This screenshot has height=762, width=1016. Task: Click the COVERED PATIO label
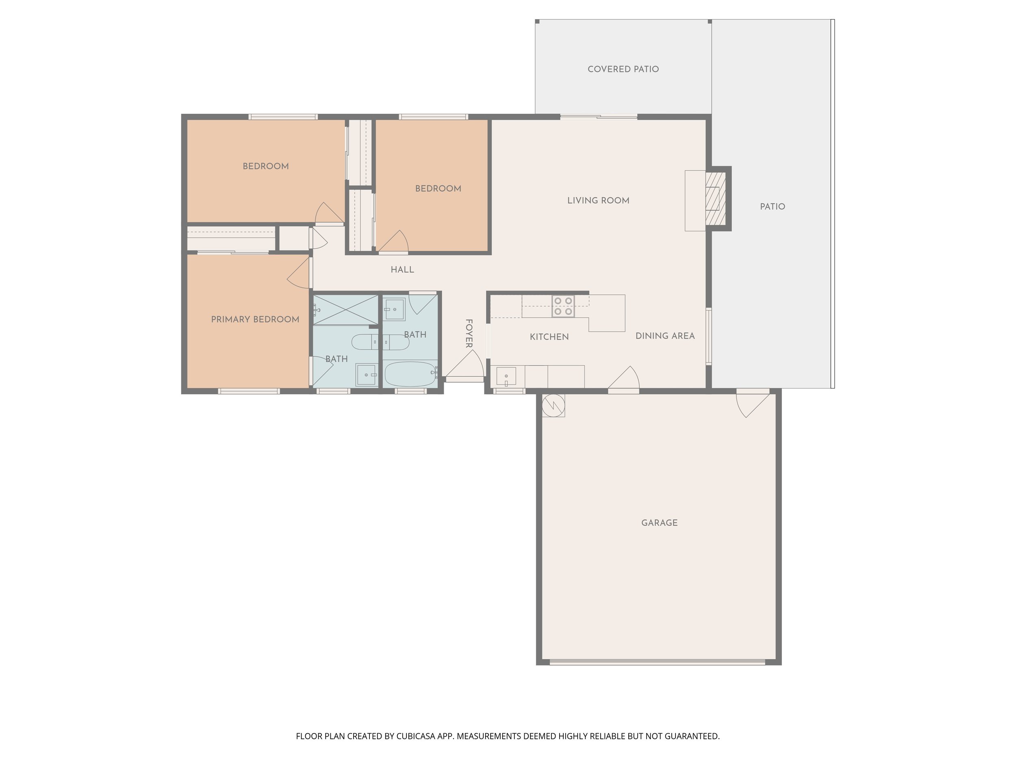(x=623, y=69)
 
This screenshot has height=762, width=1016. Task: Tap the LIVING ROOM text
(x=598, y=200)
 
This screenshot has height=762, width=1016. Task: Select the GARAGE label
(x=659, y=523)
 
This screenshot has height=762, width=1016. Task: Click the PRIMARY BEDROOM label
(x=255, y=319)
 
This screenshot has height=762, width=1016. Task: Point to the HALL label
(x=402, y=269)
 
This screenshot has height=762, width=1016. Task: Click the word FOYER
(x=469, y=334)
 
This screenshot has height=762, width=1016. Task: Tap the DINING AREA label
(x=664, y=336)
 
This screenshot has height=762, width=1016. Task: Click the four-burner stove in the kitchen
(x=563, y=306)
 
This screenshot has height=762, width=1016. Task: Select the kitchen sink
(x=506, y=376)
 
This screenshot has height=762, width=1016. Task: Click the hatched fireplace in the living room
(x=715, y=198)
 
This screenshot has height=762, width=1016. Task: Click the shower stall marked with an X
(x=345, y=310)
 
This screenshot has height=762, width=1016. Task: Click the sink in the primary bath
(x=366, y=374)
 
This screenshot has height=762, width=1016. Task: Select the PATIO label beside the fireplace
(x=772, y=207)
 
